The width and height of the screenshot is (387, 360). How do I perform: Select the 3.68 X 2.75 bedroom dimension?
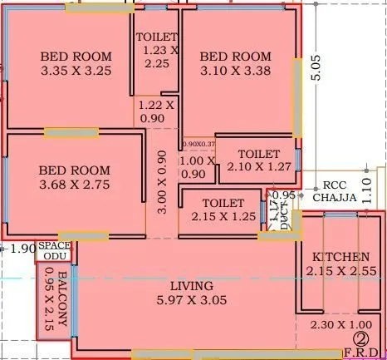(x=74, y=184)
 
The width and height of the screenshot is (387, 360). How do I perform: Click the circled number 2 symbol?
(x=361, y=338)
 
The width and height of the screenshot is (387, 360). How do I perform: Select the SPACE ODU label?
(x=56, y=252)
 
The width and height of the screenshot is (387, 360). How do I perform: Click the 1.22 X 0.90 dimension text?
(x=156, y=111)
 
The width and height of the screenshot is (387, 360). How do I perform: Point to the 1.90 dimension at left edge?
(x=22, y=248)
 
